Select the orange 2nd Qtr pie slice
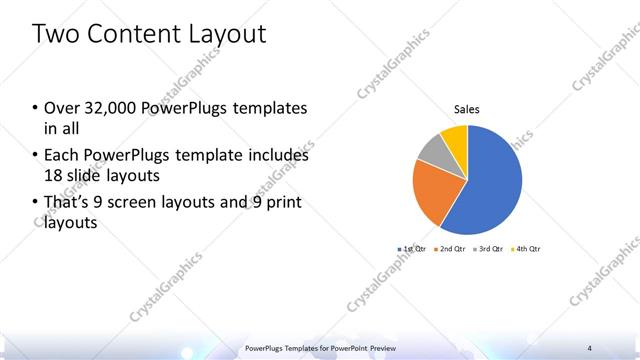pyautogui.click(x=433, y=193)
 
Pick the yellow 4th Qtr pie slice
pyautogui.click(x=455, y=136)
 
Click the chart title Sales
pyautogui.click(x=467, y=108)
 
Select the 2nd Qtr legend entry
pyautogui.click(x=451, y=248)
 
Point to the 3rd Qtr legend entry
pyautogui.click(x=488, y=248)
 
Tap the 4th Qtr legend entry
pyautogui.click(x=525, y=248)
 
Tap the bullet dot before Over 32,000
pyautogui.click(x=35, y=108)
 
